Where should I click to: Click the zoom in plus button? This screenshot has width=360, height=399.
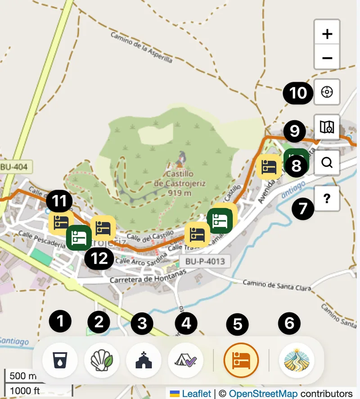327,34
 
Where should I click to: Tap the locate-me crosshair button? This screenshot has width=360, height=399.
327,92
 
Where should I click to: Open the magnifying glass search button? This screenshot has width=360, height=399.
327,163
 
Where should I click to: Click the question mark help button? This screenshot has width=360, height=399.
327,199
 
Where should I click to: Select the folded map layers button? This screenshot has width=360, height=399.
327,127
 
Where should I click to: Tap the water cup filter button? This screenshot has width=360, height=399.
60,361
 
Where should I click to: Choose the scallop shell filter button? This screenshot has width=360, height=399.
102,361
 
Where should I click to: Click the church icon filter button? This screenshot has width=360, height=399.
144,361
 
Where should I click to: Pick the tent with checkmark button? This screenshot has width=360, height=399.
186,361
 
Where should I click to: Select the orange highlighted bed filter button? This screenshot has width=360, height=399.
241,361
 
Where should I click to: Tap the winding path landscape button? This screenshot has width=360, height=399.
297,361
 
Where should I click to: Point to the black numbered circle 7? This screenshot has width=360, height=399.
303,209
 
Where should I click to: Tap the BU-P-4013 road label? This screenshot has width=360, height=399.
202,261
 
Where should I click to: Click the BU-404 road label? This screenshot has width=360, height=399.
14,167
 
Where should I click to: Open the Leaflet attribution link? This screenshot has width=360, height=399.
196,394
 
